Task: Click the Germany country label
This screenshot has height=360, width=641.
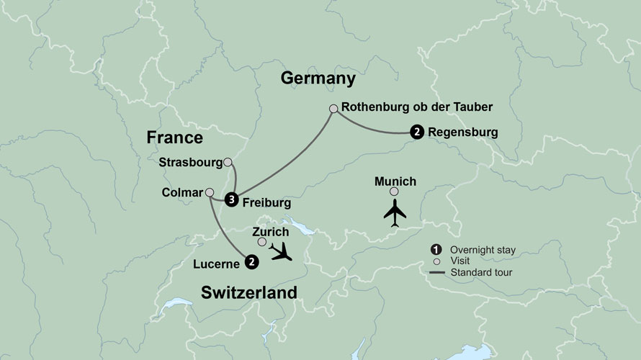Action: pos(319,78)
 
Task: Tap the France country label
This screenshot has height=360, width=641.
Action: pos(174,138)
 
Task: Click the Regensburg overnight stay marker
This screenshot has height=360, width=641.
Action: pos(416,132)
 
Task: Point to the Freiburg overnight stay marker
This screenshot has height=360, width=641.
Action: pos(231,200)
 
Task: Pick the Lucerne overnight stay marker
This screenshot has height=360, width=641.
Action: pos(251,262)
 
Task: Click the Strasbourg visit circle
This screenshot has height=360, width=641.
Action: pos(228,162)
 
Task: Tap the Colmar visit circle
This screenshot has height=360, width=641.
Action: pos(210,192)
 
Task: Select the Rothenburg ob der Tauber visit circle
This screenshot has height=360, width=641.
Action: pos(333,109)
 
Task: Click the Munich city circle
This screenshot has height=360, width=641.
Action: pos(394,192)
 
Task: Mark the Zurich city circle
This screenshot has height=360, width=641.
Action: pos(262,242)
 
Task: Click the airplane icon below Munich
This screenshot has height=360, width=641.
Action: pos(394,214)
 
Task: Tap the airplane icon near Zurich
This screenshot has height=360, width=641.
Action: pos(283,252)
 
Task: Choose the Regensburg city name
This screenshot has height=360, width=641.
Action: pos(462,132)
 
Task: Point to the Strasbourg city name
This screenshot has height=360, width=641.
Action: pos(189,162)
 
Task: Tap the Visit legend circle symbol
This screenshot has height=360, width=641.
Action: pos(435,261)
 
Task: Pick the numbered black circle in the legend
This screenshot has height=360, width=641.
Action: pos(435,249)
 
